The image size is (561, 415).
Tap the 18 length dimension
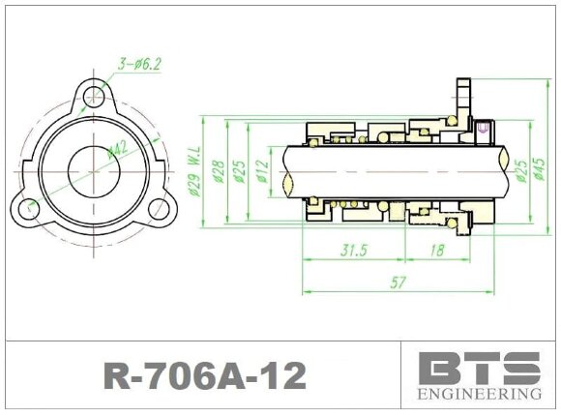pyautogui.click(x=435, y=251)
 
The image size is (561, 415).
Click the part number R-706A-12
pyautogui.click(x=204, y=375)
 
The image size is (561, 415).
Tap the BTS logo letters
pyautogui.click(x=479, y=369)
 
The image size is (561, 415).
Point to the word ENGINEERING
pyautogui.click(x=479, y=395)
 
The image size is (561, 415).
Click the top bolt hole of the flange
pyautogui.click(x=94, y=97)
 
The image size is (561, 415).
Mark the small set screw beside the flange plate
pyautogui.click(x=485, y=127)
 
